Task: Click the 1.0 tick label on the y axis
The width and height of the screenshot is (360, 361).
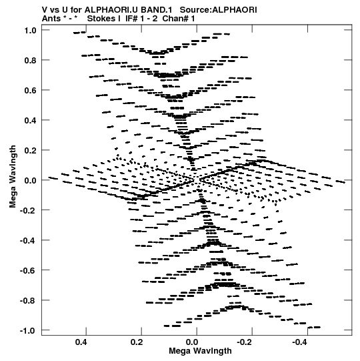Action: click(x=30, y=30)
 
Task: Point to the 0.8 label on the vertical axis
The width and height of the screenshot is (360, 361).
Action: click(x=30, y=60)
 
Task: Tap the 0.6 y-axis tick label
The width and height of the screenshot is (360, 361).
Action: click(x=30, y=90)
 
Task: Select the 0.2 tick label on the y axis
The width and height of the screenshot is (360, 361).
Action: click(x=30, y=150)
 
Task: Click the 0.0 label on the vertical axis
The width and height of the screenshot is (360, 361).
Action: click(x=30, y=180)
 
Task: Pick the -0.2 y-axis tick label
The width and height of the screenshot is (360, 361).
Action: click(x=28, y=210)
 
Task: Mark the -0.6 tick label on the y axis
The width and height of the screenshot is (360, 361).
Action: click(x=28, y=270)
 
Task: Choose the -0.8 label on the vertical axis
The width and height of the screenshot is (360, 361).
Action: click(x=28, y=301)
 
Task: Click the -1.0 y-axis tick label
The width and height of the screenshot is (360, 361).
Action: click(x=28, y=331)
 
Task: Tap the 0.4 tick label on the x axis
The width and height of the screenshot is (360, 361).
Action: click(x=81, y=342)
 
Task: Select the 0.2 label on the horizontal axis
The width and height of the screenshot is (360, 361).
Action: click(x=137, y=342)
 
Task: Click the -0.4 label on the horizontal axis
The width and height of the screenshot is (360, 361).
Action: click(x=300, y=342)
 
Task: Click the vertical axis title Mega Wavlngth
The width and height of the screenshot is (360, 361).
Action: click(x=13, y=177)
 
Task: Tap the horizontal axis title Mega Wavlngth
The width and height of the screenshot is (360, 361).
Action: click(x=200, y=351)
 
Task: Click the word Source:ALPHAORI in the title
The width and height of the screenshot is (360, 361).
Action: click(x=218, y=10)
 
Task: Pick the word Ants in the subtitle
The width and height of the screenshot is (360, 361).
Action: click(x=51, y=19)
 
